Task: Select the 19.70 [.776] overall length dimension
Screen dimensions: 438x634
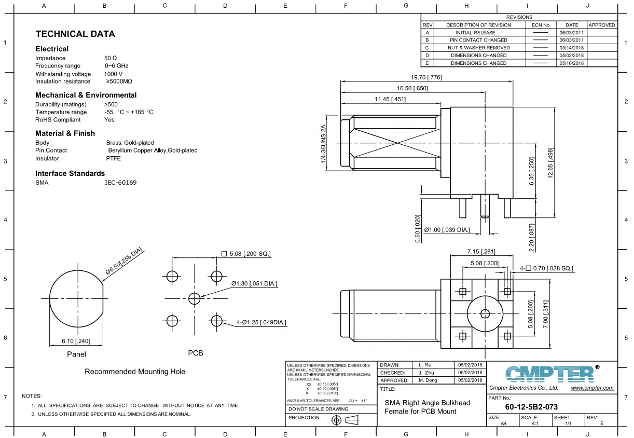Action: pos(426,78)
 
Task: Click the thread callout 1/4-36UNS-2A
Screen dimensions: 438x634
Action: pos(324,145)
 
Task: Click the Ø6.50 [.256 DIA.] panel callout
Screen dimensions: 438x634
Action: pos(124,262)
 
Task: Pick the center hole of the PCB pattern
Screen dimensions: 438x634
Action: pos(194,298)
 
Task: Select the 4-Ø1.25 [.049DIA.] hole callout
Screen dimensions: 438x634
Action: pos(261,323)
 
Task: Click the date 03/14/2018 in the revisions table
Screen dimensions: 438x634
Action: pos(571,48)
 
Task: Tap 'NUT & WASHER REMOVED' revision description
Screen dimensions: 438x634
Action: pos(479,48)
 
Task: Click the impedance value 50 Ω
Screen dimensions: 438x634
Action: pos(111,58)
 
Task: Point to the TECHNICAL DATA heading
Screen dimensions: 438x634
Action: pos(75,34)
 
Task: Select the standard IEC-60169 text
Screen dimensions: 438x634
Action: pos(121,183)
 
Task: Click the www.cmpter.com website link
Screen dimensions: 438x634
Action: pos(592,388)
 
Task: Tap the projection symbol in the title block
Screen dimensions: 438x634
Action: pos(345,419)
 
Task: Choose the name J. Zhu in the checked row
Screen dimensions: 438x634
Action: pos(426,372)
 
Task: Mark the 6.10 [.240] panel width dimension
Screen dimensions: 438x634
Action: pos(76,341)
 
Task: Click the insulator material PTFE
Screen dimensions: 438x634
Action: pos(113,158)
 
